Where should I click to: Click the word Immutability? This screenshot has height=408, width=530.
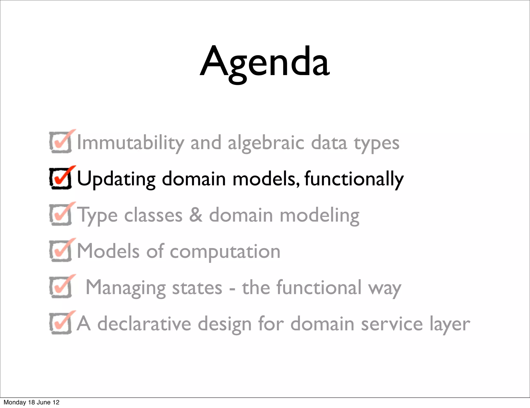tap(131, 143)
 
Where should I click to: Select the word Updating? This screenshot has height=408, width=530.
tap(116, 179)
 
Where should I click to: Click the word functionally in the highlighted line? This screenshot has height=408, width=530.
tap(354, 179)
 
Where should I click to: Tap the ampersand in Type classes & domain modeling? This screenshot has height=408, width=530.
tap(196, 215)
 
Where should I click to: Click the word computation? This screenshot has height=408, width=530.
tap(225, 251)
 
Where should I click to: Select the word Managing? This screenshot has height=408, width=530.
tap(126, 288)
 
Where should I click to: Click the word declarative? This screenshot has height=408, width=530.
tap(144, 324)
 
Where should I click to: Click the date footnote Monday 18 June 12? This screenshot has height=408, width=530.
tap(31, 402)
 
